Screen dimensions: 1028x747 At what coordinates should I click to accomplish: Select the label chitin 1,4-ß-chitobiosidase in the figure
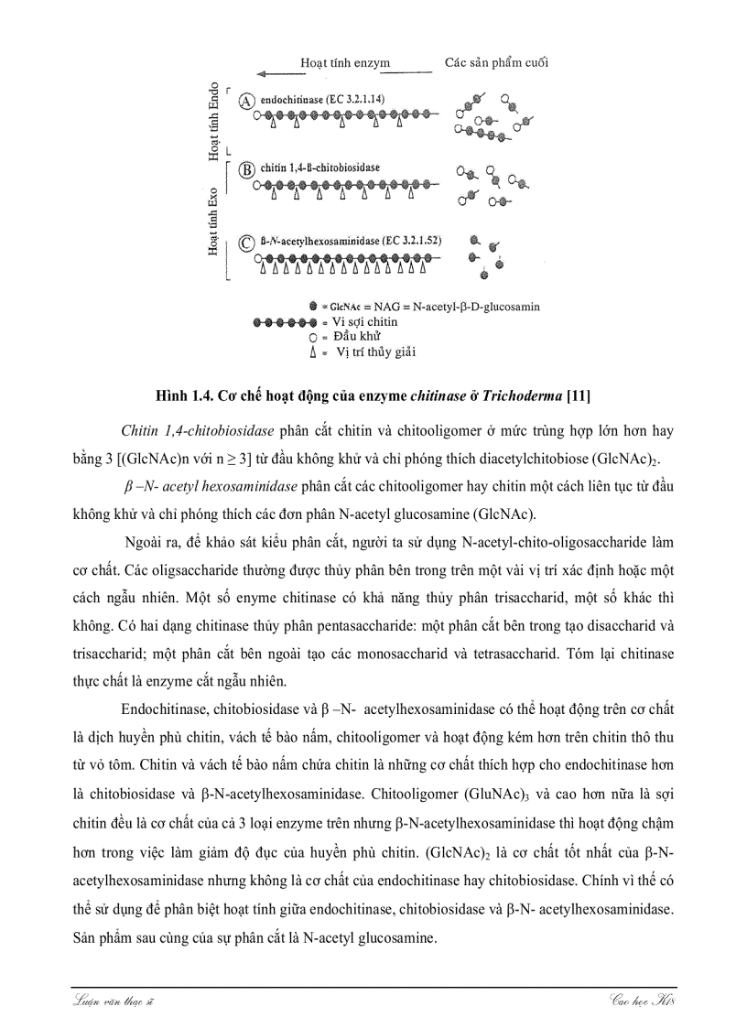pos(320,169)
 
